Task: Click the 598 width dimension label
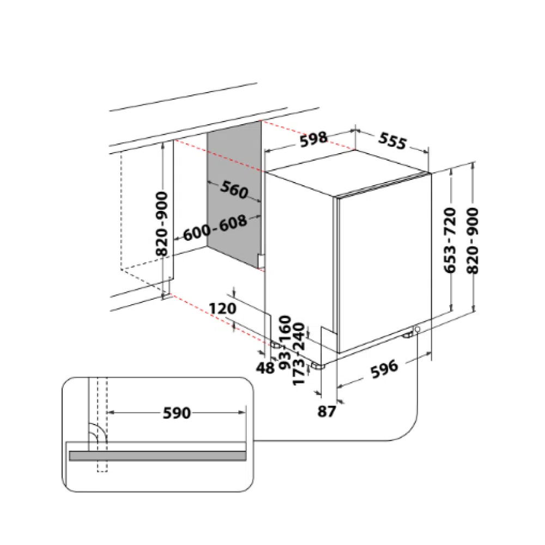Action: point(313,139)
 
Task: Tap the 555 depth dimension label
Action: point(392,141)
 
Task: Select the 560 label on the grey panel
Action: point(234,190)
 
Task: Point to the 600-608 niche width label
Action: point(215,228)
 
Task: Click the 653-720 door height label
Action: point(451,240)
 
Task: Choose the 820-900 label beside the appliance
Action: point(473,240)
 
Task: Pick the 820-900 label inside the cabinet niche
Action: point(162,223)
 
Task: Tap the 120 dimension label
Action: point(222,308)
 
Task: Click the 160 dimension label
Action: point(285,329)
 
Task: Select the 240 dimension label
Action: point(299,336)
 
